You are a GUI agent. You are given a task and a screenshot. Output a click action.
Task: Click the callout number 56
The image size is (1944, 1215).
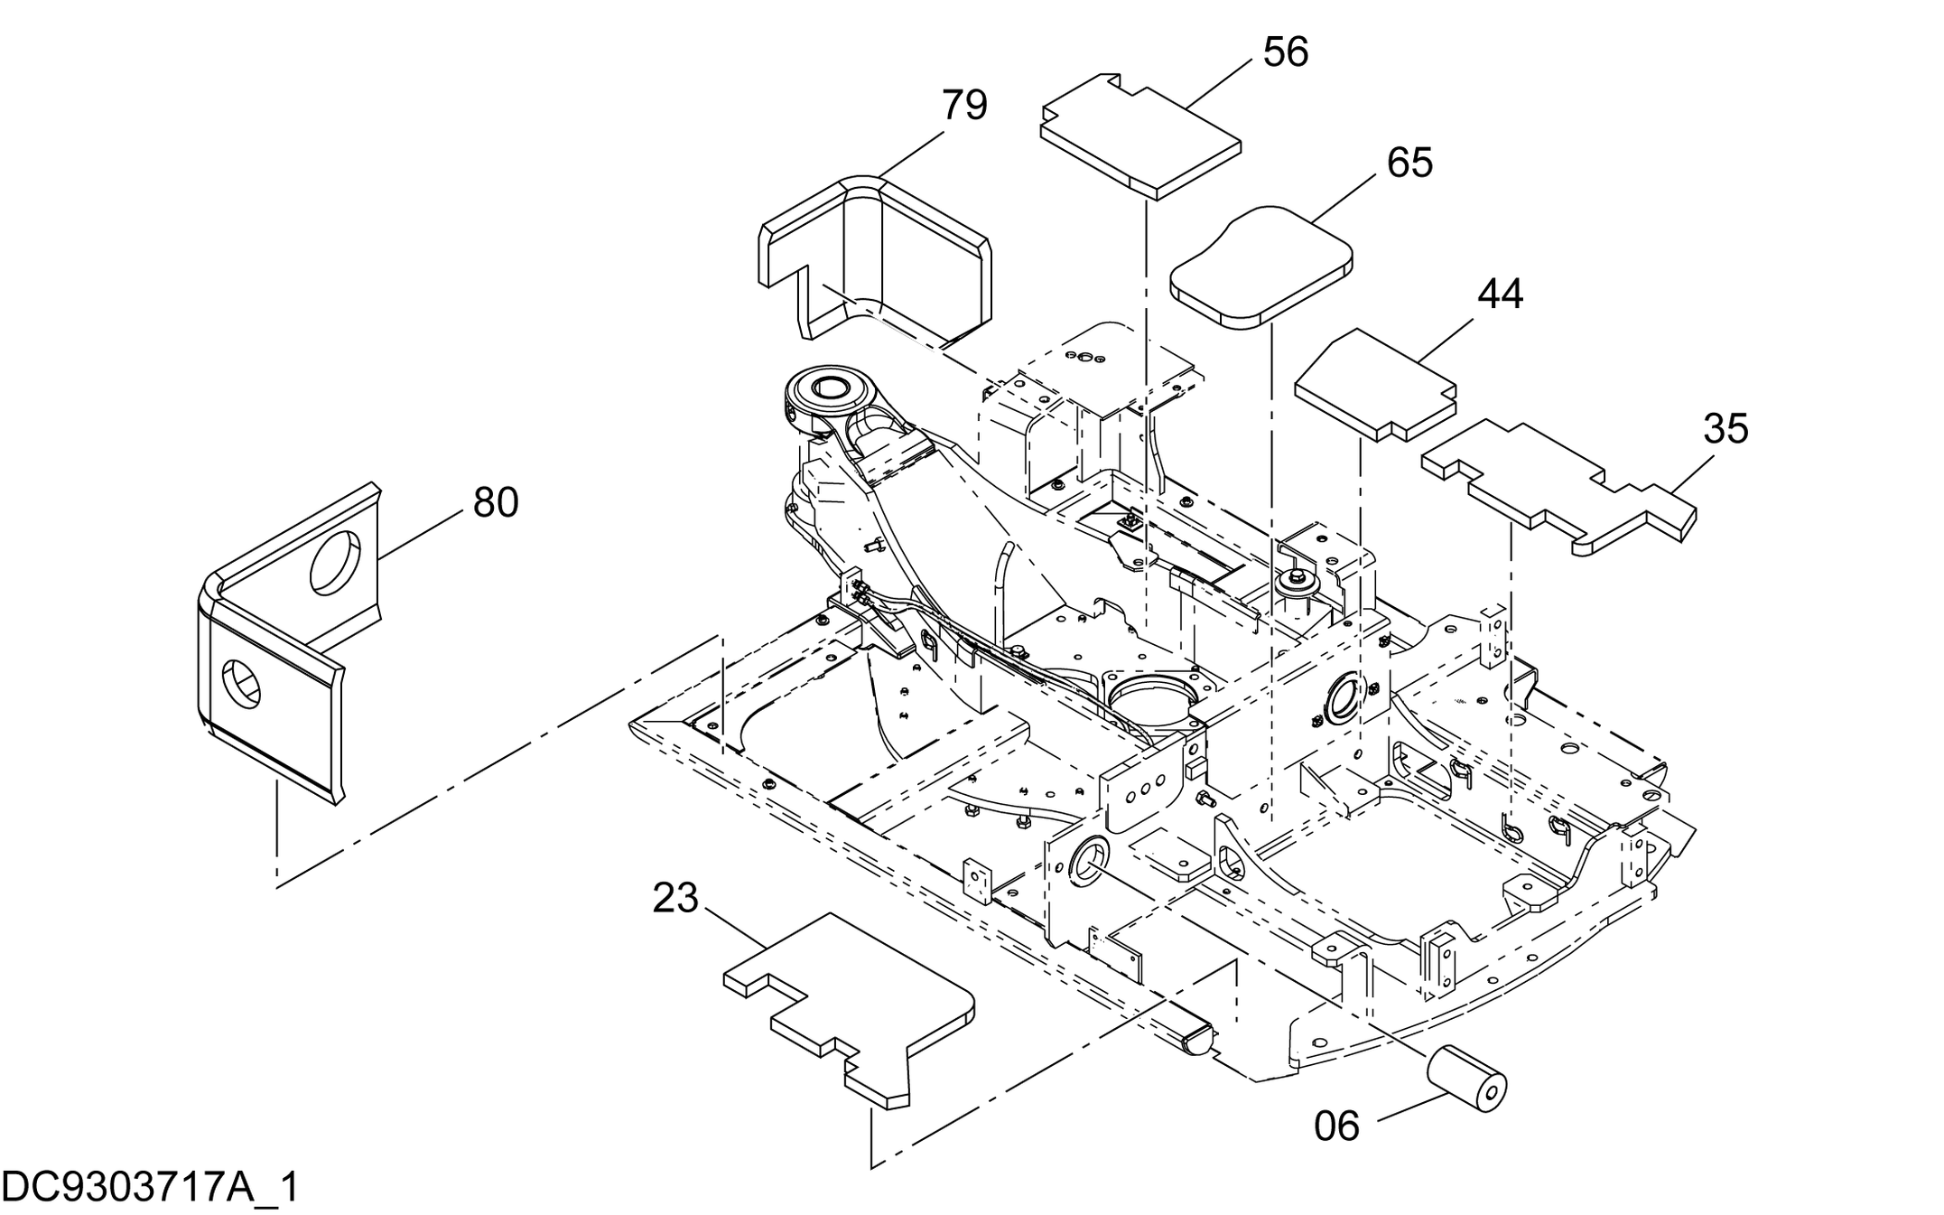pos(1285,52)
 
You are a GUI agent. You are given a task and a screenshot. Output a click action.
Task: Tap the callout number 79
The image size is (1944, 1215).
pos(964,106)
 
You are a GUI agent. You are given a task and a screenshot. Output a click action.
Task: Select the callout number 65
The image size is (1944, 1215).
pos(1409,163)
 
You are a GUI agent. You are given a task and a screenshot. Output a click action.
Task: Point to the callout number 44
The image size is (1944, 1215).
pos(1500,294)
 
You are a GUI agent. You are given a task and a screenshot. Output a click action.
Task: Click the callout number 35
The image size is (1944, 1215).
pos(1725,429)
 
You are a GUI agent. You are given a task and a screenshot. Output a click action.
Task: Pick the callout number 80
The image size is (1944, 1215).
pos(496,502)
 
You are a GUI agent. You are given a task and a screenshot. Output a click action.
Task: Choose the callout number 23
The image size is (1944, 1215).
pos(675,898)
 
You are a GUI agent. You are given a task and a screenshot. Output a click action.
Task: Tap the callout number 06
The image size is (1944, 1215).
pos(1336,1126)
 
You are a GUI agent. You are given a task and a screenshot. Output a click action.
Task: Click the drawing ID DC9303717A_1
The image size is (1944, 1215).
pos(150,1187)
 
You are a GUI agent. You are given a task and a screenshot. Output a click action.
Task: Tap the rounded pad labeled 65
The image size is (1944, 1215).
pos(1260,264)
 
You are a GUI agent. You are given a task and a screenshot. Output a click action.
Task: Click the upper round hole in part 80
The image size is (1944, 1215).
pos(335,562)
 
